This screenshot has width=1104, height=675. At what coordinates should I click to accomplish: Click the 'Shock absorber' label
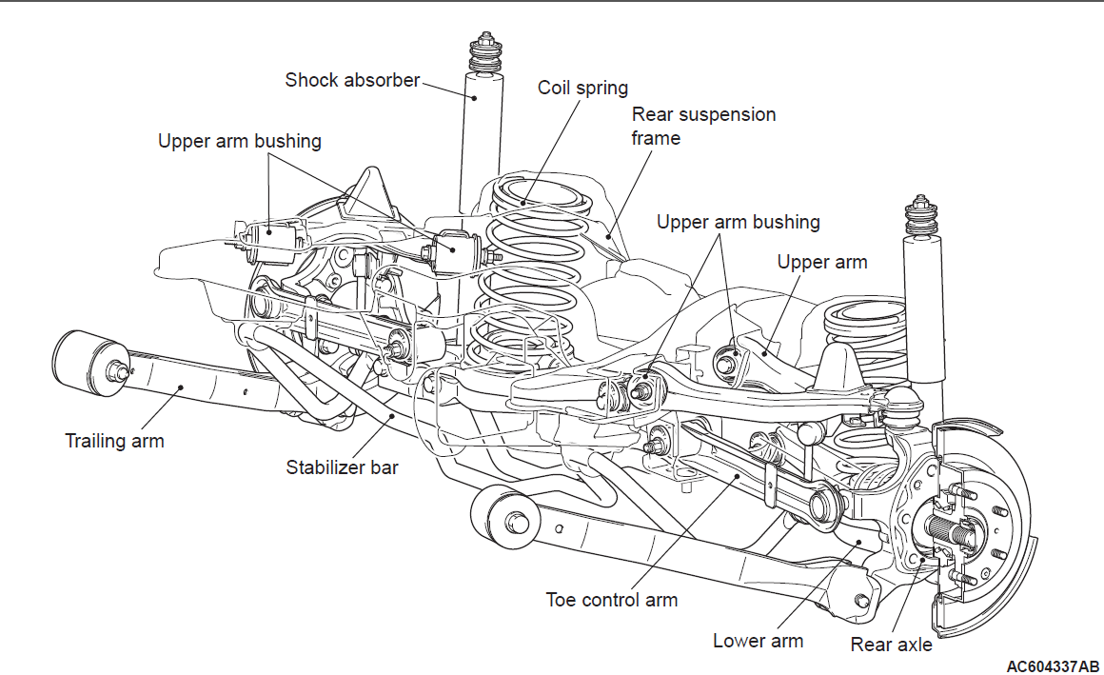click(x=352, y=80)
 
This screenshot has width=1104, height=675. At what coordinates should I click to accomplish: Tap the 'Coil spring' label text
click(x=582, y=88)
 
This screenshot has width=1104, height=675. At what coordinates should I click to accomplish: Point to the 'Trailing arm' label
click(x=114, y=441)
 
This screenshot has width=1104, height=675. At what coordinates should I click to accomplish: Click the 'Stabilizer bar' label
click(x=342, y=467)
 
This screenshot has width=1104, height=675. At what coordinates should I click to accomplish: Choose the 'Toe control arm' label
click(x=611, y=600)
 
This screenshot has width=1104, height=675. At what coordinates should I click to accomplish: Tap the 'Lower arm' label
click(x=758, y=641)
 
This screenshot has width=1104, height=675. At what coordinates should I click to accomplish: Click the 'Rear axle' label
click(x=891, y=645)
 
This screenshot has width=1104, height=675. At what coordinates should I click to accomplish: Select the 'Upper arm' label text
click(x=822, y=262)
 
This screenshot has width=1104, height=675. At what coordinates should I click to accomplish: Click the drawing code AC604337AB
click(x=1052, y=665)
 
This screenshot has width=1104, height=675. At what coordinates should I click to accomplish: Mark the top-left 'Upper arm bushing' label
click(x=239, y=142)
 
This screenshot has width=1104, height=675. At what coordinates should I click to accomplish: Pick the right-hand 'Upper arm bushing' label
click(x=738, y=222)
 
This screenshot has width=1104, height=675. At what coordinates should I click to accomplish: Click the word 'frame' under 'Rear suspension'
click(x=657, y=138)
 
